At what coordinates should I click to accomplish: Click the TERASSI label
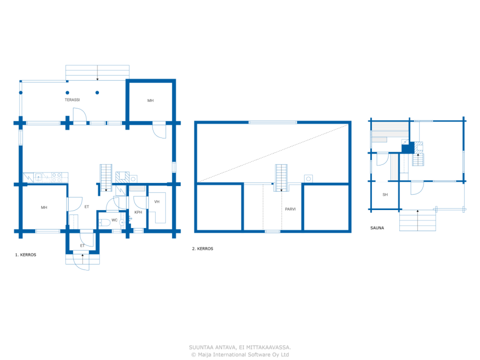[72, 100]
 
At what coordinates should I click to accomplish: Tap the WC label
[114, 220]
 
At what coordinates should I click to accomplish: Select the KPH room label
[138, 212]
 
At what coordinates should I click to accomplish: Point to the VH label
[157, 202]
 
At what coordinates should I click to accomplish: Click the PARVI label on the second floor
[290, 209]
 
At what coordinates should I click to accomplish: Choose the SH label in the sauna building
[385, 195]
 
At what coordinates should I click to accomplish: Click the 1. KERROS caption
[25, 255]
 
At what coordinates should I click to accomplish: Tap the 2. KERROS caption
[202, 249]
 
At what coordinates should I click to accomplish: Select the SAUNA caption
[377, 228]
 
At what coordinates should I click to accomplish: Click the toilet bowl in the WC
[105, 222]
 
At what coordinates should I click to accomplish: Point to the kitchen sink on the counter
[39, 177]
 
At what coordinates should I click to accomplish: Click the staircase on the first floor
[106, 178]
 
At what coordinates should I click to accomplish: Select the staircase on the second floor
[281, 178]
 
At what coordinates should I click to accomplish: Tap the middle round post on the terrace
[67, 93]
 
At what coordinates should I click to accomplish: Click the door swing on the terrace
[80, 115]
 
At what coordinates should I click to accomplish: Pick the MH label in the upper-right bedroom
[150, 100]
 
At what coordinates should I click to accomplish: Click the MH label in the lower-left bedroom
[44, 207]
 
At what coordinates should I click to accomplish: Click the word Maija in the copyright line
[205, 354]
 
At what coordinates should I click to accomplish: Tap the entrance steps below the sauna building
[417, 220]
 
